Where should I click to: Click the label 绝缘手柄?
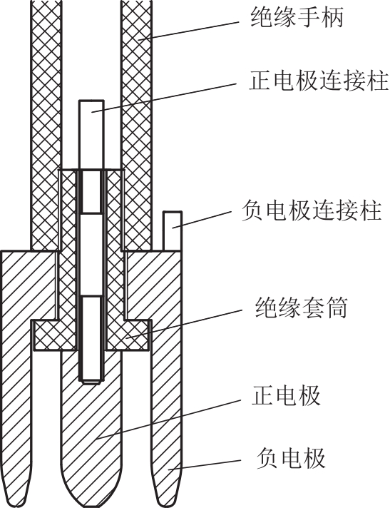[x=297, y=17]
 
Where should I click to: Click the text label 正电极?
[x=286, y=395]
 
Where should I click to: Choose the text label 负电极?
[x=291, y=458]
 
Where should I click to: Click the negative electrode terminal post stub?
[x=172, y=230]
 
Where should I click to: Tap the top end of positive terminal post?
[x=91, y=101]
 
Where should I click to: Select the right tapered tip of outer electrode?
[x=165, y=501]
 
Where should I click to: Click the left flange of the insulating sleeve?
[x=55, y=335]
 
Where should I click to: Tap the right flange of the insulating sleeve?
[x=128, y=335]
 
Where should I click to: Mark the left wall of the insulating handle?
[x=46, y=125]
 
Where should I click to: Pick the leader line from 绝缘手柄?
[x=188, y=31]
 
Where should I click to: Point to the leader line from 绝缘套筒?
[x=184, y=324]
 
